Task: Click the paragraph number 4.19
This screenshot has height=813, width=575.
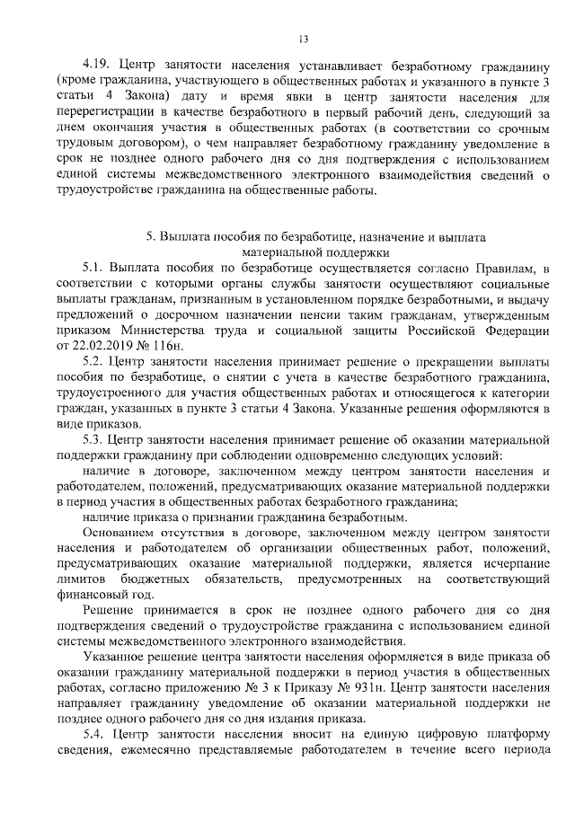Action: point(97,67)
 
